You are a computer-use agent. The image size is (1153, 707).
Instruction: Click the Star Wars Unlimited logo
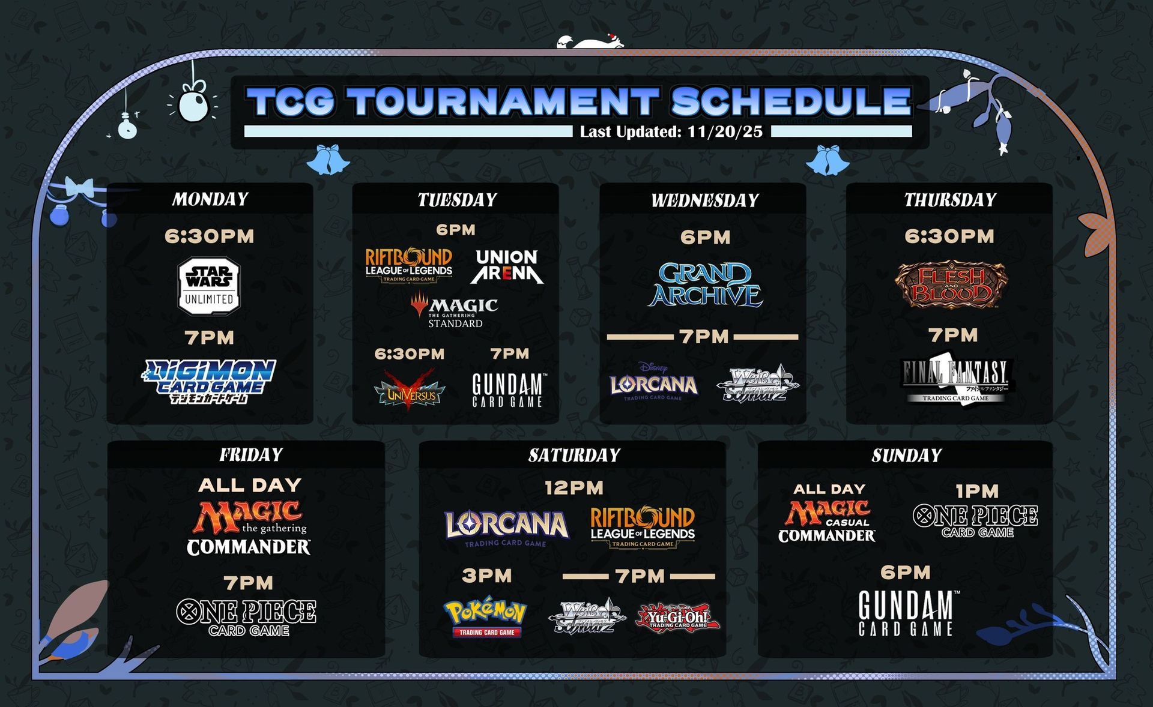coord(209,287)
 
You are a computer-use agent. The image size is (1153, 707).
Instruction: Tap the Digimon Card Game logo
coord(209,381)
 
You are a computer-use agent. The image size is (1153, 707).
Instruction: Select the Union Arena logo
coord(507,266)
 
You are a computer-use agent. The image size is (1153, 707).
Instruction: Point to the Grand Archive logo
coord(705,284)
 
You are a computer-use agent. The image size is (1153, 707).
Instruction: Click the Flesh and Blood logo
coord(951,284)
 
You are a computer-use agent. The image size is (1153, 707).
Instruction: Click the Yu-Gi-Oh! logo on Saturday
coord(678,617)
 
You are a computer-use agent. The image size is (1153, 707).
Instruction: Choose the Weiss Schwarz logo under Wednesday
coord(758,383)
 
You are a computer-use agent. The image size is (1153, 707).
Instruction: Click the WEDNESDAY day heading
coord(705,200)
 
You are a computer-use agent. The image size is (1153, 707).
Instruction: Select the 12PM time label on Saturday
coord(574,488)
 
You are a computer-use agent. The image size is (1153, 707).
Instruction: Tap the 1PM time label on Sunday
coord(977,492)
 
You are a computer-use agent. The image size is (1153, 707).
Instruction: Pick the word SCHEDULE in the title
coord(791,101)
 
